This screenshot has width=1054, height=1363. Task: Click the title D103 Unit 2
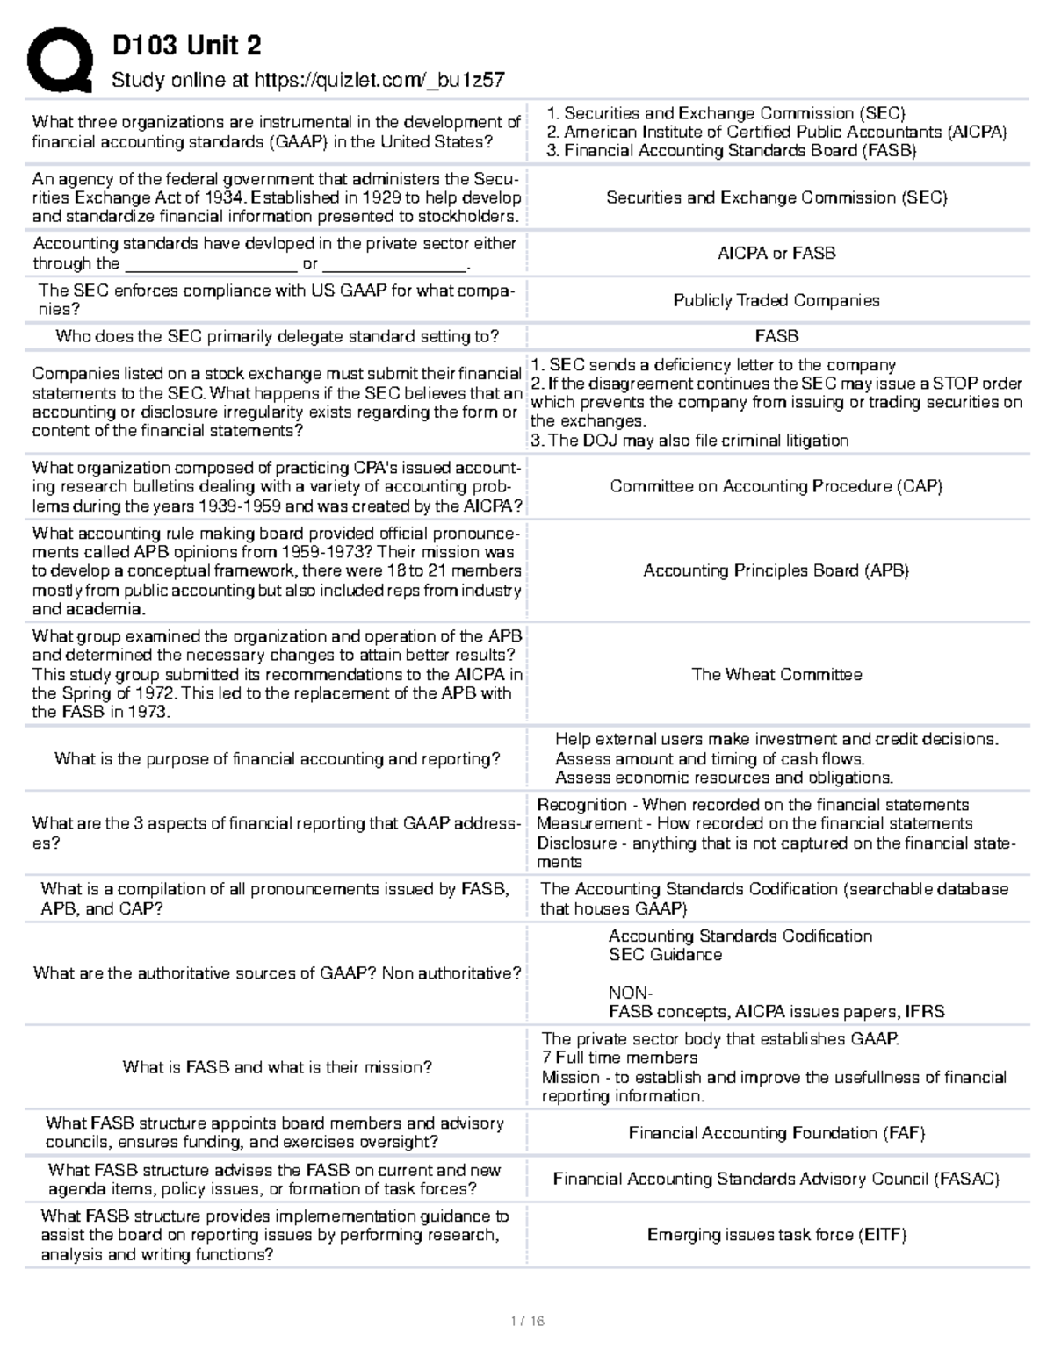coord(186,45)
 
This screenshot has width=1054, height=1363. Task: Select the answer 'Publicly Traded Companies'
coord(776,300)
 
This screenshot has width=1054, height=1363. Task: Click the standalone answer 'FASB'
coord(776,336)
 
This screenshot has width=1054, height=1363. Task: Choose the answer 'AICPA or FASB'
coord(776,253)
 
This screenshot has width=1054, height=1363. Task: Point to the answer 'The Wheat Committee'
coord(776,674)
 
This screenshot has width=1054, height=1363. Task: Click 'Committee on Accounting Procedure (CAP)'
coord(776,486)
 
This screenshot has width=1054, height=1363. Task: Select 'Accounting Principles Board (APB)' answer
coord(776,570)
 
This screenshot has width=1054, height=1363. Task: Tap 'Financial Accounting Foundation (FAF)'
coord(776,1133)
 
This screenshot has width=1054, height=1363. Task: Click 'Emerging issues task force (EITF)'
coord(776,1235)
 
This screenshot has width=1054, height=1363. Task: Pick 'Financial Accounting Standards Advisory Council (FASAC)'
coord(776,1179)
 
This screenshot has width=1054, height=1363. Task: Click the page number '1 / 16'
coord(527,1321)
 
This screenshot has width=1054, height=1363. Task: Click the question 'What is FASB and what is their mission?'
coord(278,1067)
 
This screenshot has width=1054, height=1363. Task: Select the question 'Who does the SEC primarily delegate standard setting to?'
coord(278,336)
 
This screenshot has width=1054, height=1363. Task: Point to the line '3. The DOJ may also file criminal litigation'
coord(689,441)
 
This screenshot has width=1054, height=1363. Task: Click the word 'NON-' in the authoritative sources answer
coord(630,993)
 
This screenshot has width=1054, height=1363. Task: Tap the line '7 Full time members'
coord(619,1058)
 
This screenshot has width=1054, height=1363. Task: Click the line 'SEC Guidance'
coord(665,955)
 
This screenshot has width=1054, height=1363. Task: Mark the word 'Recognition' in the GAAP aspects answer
coord(581,805)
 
